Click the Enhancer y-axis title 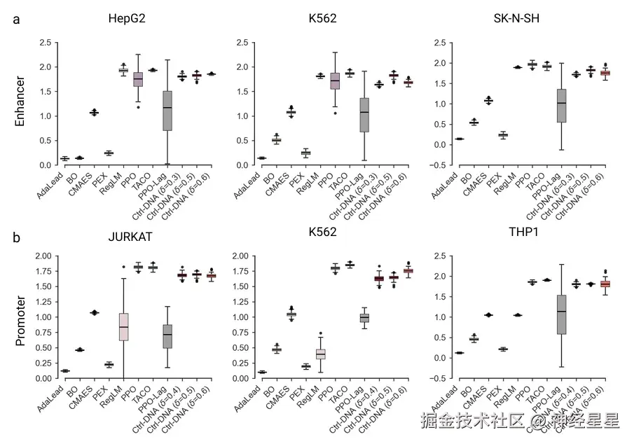[x=20, y=102]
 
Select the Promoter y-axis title [x=20, y=319]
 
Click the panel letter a [x=16, y=20]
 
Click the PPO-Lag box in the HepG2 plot [x=167, y=110]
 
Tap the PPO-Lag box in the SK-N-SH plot [x=560, y=105]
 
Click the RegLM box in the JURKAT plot [x=123, y=326]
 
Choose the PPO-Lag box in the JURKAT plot [x=167, y=336]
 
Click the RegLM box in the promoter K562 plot [x=320, y=354]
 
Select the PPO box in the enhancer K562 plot [x=335, y=81]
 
